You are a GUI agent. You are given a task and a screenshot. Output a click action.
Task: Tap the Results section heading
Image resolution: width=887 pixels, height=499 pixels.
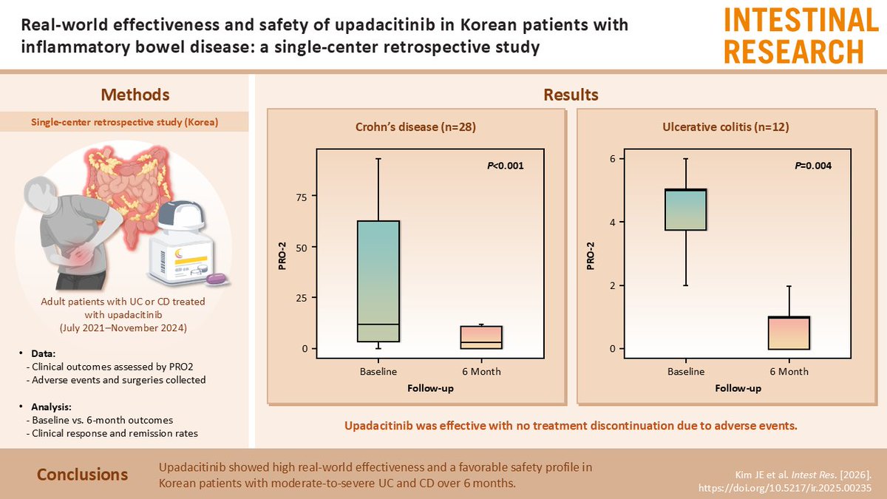coord(570,95)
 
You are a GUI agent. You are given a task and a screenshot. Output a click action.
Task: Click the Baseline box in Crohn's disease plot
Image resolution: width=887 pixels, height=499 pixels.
coord(378,281)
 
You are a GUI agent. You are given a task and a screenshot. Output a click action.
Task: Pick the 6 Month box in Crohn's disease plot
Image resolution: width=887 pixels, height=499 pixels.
coord(481,337)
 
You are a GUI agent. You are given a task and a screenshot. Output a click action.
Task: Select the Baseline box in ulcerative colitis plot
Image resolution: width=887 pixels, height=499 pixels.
coord(686,210)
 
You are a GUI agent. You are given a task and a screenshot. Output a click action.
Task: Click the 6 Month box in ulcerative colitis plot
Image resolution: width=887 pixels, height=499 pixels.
coord(789,333)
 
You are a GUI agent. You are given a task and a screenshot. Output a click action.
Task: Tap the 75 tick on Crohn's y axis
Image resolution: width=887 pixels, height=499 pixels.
coord(302,197)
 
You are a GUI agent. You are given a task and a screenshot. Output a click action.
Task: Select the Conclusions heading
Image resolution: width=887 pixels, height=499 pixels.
coord(82,474)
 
